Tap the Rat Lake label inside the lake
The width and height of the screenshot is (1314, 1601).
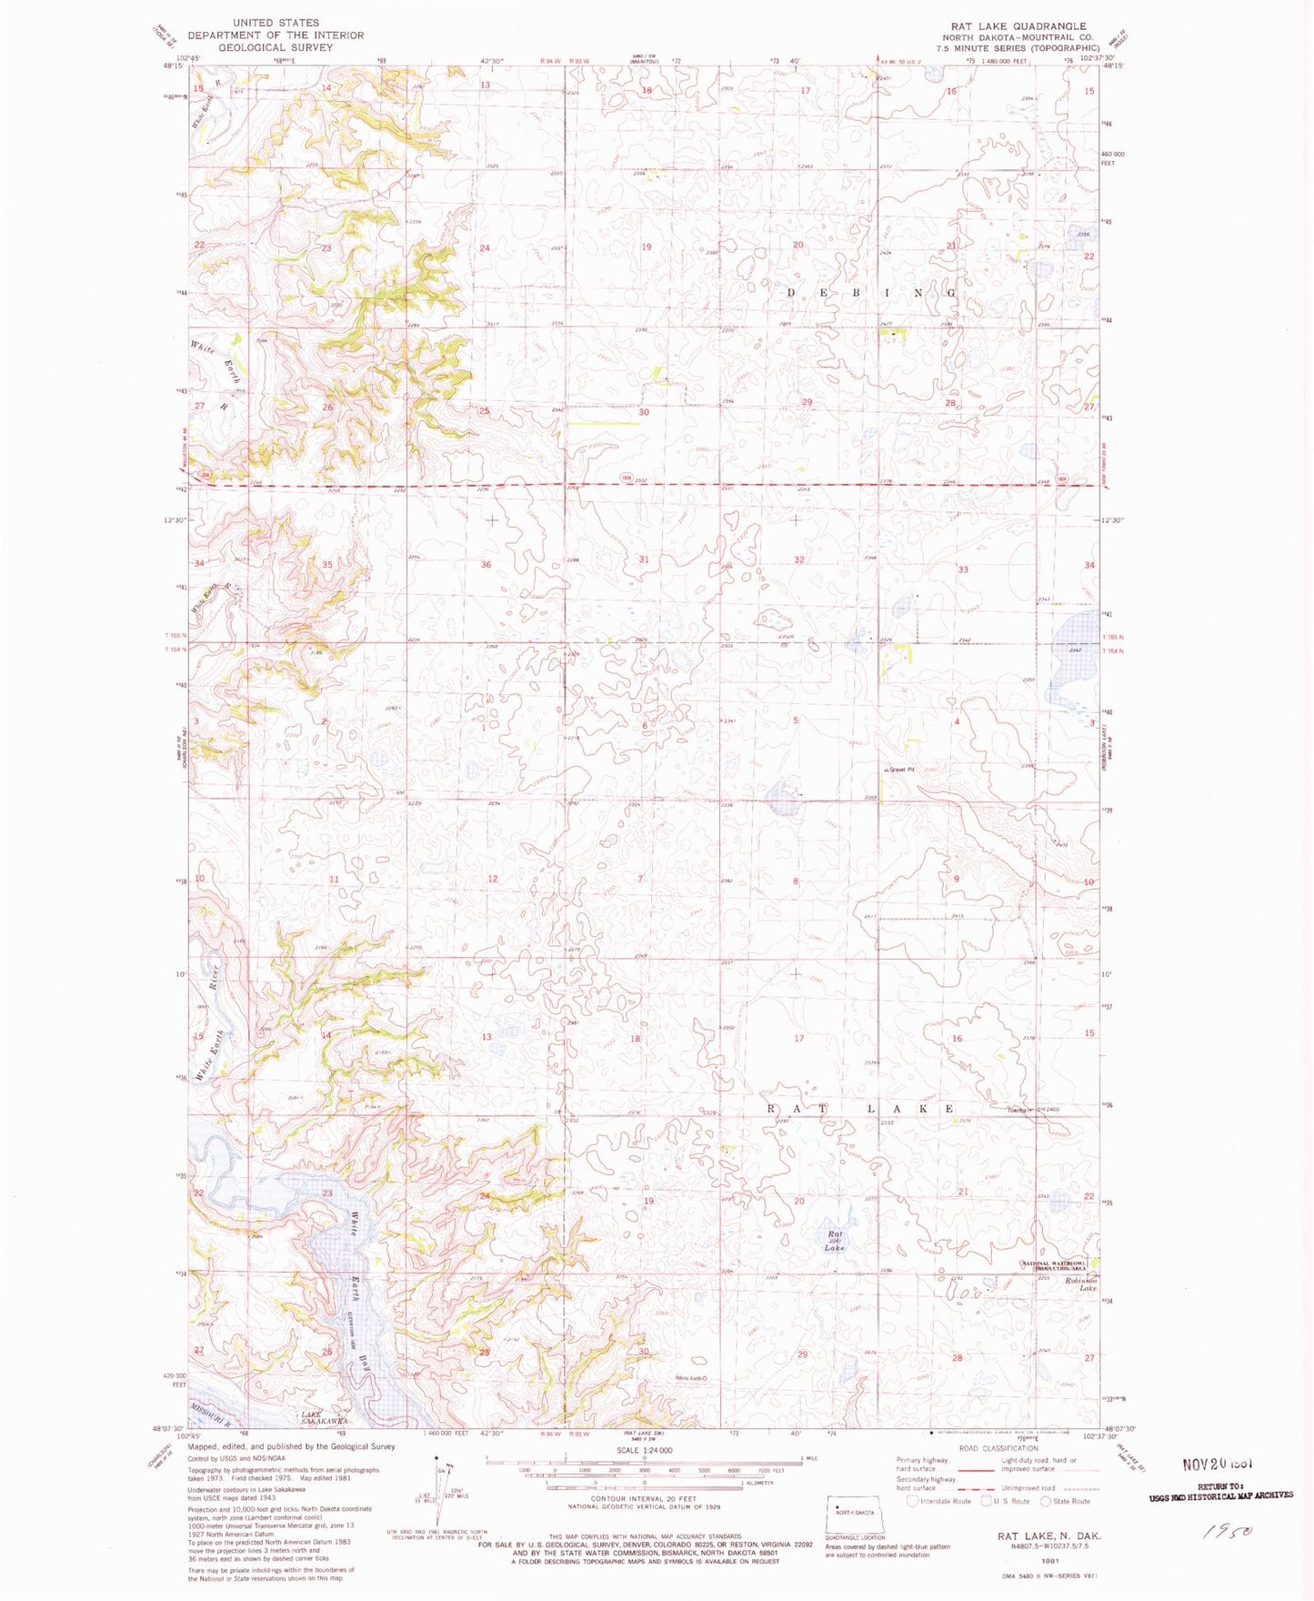point(835,1242)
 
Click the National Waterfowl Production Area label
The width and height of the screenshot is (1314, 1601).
point(1060,1265)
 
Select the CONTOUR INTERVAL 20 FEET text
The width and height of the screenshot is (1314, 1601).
point(643,1497)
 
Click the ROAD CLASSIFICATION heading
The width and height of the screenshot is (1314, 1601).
point(998,1448)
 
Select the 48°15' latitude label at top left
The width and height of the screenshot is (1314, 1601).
point(173,65)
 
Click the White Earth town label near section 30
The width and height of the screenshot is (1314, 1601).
point(690,1378)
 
